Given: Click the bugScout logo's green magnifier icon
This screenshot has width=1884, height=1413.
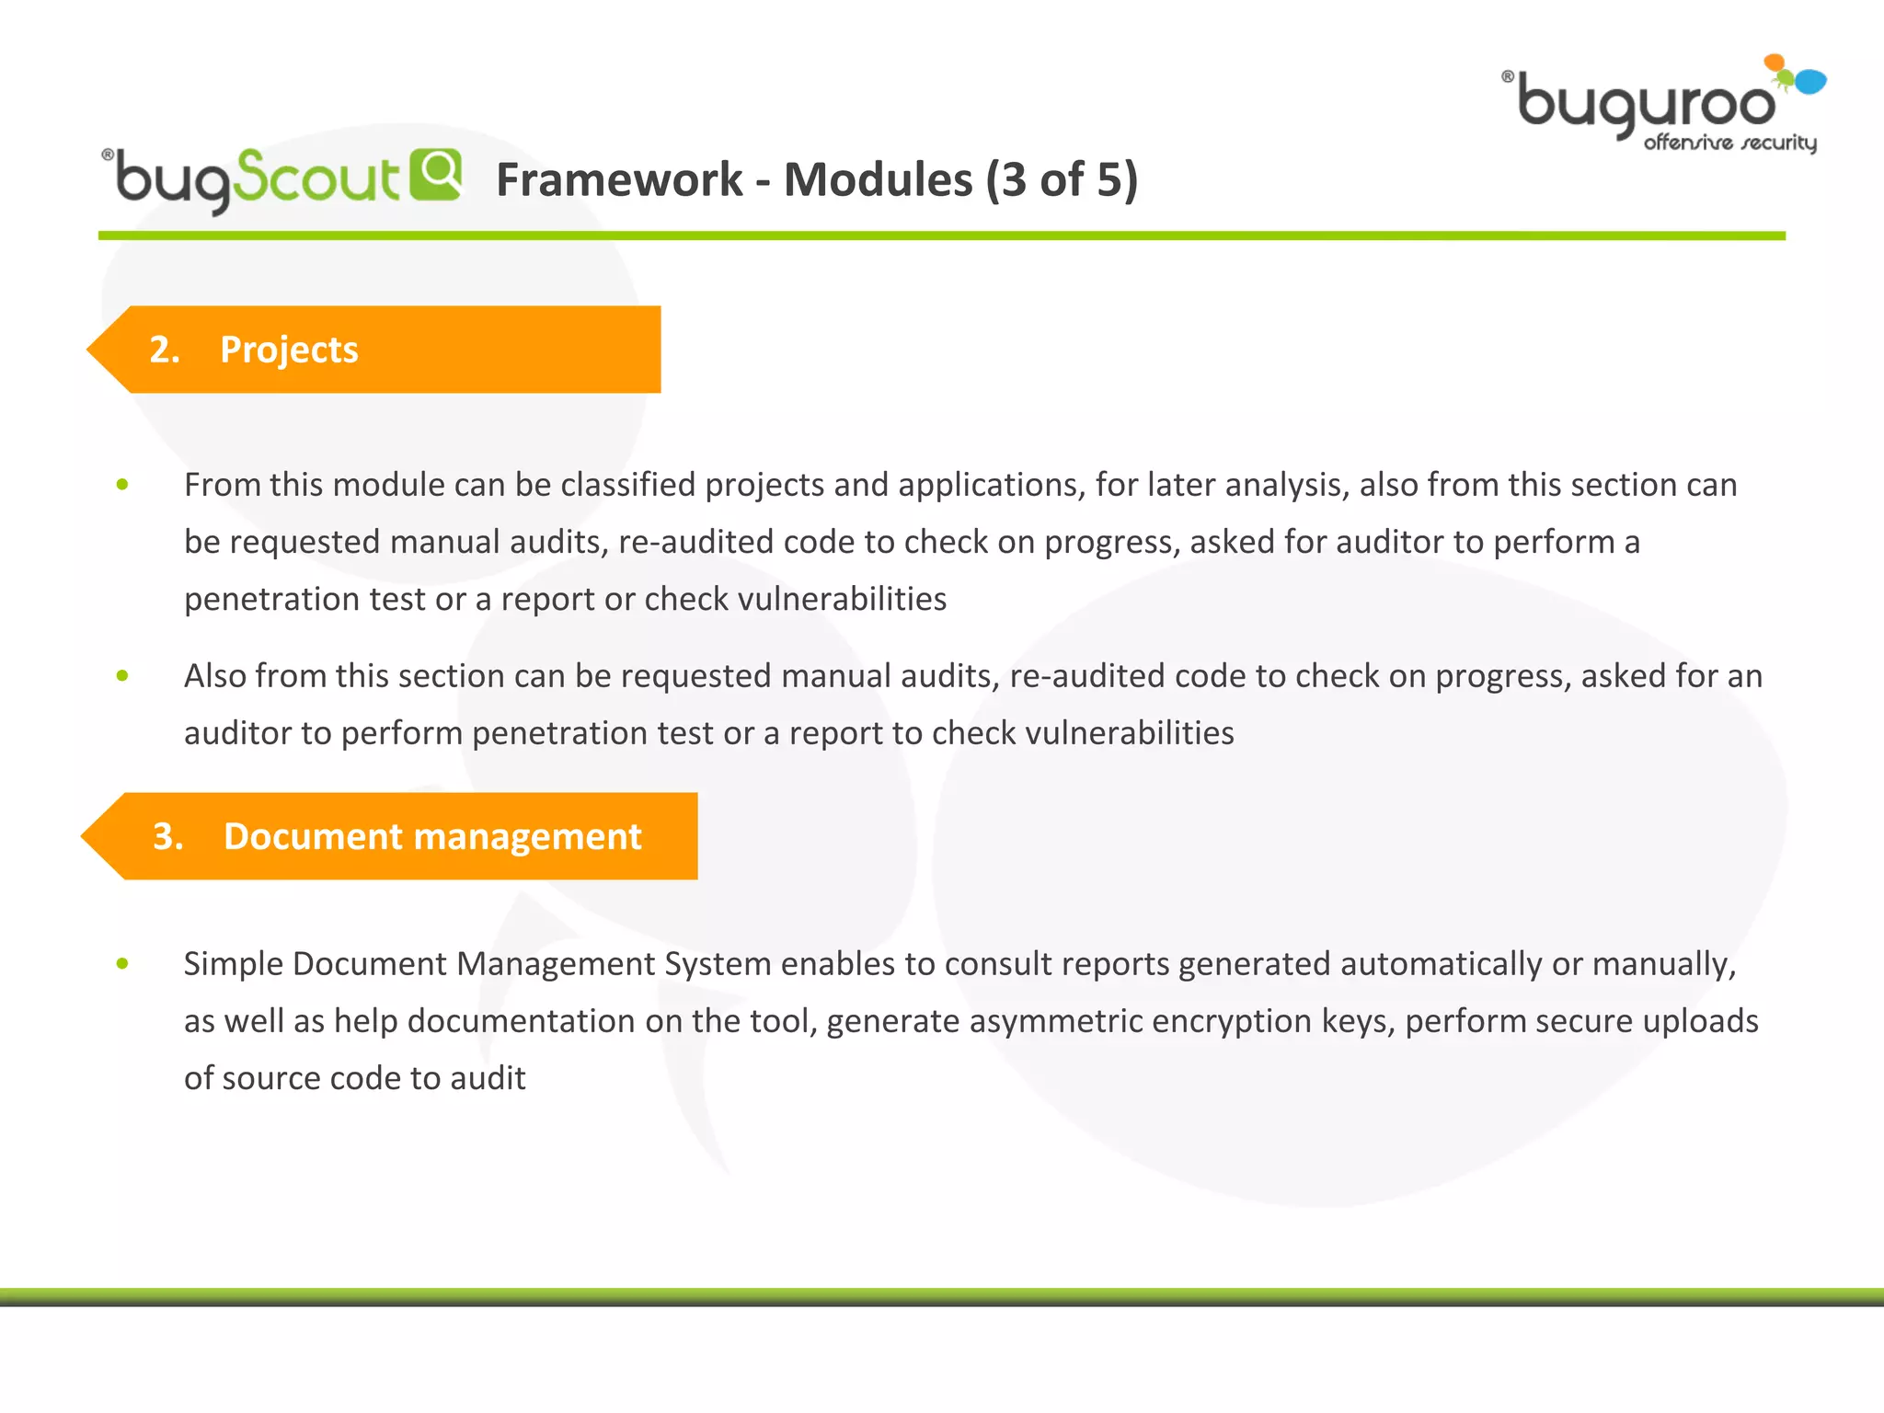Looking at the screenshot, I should (435, 174).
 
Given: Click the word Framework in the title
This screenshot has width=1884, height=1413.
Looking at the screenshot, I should (619, 179).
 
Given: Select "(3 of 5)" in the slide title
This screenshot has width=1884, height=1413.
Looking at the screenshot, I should (1062, 179).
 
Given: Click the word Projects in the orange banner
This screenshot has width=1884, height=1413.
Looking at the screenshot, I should (289, 350).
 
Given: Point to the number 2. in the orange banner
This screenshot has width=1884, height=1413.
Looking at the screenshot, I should (165, 350).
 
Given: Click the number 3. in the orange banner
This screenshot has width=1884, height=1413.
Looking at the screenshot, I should (168, 836).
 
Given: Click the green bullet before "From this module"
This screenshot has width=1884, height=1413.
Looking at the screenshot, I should (122, 485).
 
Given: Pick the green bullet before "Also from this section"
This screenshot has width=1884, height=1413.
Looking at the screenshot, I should (122, 676).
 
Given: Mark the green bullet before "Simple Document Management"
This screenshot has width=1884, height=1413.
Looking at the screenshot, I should (122, 964).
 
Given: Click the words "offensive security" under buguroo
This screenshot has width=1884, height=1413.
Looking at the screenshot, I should (1729, 143).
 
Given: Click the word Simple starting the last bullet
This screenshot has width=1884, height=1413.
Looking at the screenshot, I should (234, 964).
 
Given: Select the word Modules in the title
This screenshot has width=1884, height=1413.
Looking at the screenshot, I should (878, 179).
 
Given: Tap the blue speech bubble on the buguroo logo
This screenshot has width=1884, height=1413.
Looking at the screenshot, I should (1809, 82).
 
